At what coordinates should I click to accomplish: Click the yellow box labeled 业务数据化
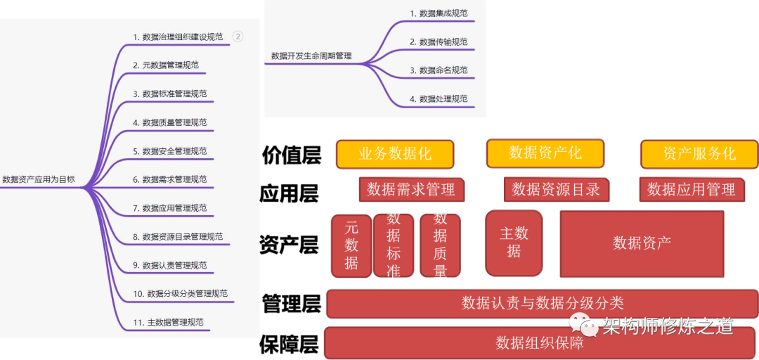click(395, 155)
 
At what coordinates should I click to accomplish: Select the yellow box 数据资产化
click(545, 153)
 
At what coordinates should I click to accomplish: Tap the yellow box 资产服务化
click(699, 154)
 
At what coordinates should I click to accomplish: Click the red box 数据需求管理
click(411, 189)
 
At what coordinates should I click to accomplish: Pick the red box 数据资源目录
click(556, 189)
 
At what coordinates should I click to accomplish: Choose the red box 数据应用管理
click(692, 189)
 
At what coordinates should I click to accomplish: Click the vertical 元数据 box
click(351, 245)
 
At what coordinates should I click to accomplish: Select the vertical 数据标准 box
click(394, 245)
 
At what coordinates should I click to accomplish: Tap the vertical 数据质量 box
click(441, 245)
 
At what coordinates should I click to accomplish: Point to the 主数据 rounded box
click(514, 242)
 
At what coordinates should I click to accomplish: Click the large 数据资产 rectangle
click(642, 243)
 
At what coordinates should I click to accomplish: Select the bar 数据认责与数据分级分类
click(542, 303)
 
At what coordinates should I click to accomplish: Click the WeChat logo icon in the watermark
click(583, 326)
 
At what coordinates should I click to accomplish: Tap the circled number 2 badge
click(238, 37)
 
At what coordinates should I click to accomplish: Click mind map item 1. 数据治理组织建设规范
click(178, 37)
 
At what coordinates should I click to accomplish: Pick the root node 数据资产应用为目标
click(39, 179)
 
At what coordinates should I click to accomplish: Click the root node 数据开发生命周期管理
click(311, 56)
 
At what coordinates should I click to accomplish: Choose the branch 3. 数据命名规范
click(439, 70)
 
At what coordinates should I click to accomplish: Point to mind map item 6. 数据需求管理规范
click(170, 179)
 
